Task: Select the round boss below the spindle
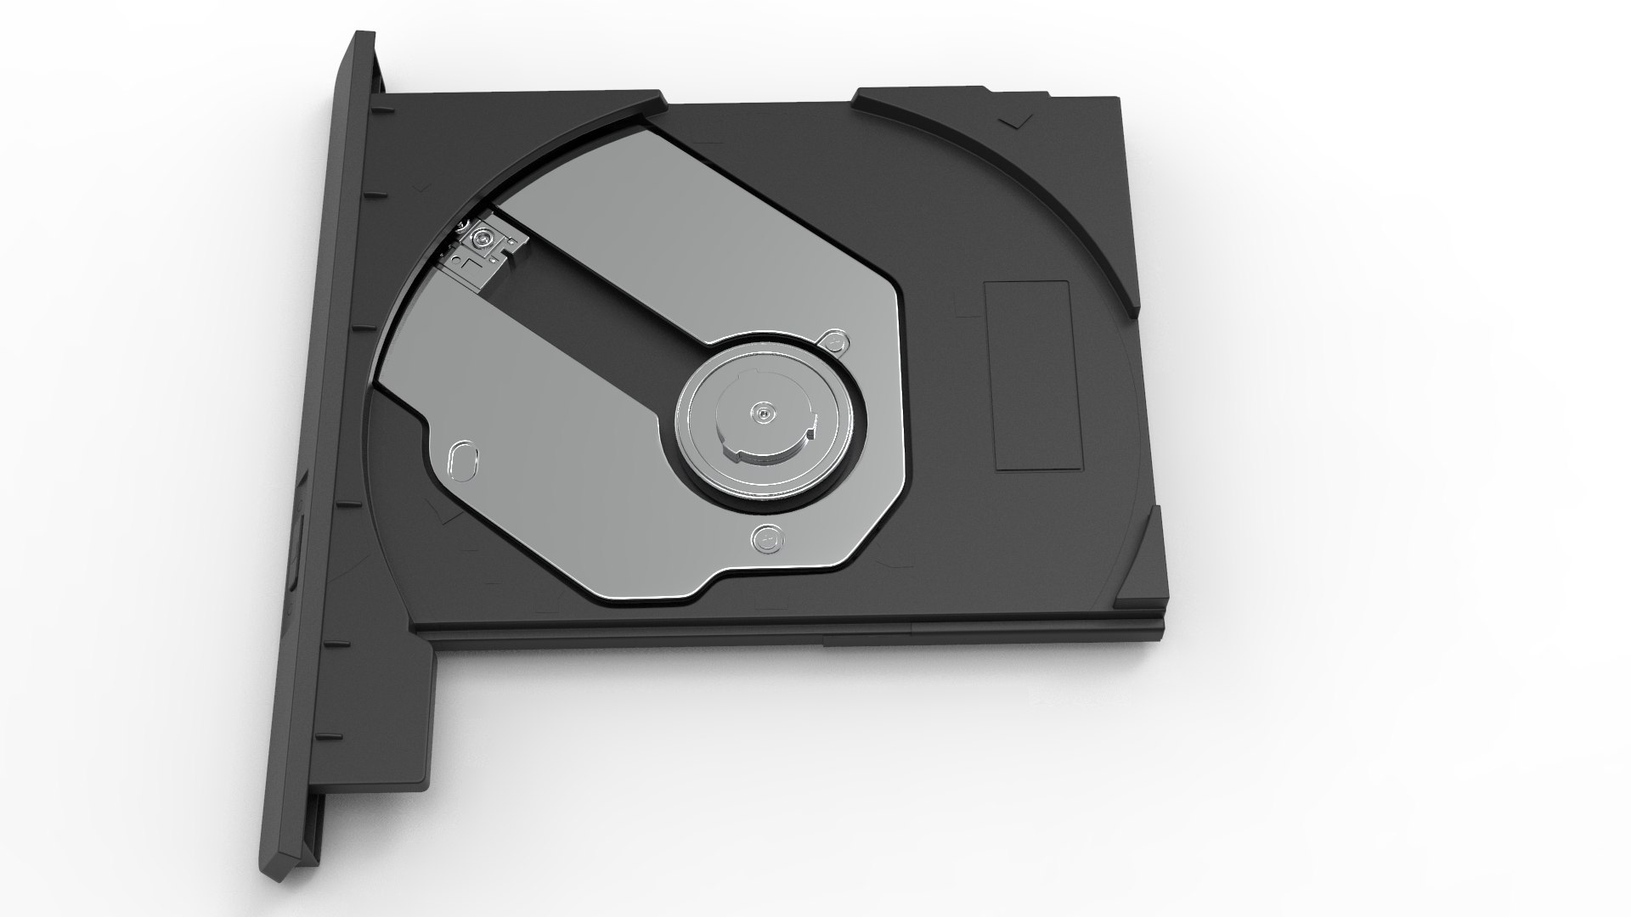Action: [x=767, y=538]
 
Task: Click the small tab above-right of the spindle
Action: [x=835, y=342]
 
